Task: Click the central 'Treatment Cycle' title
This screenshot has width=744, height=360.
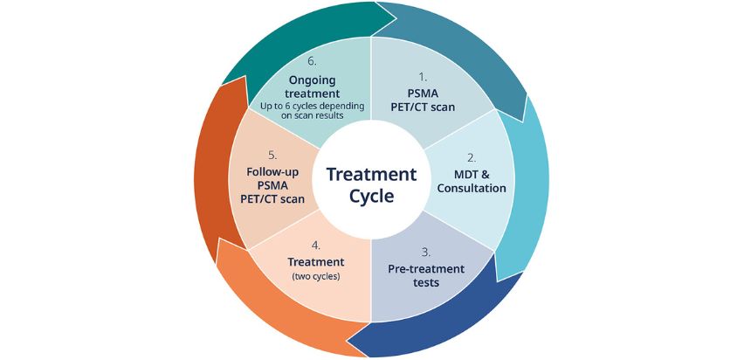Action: pos(371,184)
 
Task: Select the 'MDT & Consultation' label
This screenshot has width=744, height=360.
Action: pos(471,180)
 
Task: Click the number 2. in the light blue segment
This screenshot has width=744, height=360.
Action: pos(471,157)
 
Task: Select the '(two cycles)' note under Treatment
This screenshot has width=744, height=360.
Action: pos(315,277)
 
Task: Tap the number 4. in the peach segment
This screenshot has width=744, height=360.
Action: pos(315,245)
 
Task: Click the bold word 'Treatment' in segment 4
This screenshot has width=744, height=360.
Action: pos(315,261)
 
